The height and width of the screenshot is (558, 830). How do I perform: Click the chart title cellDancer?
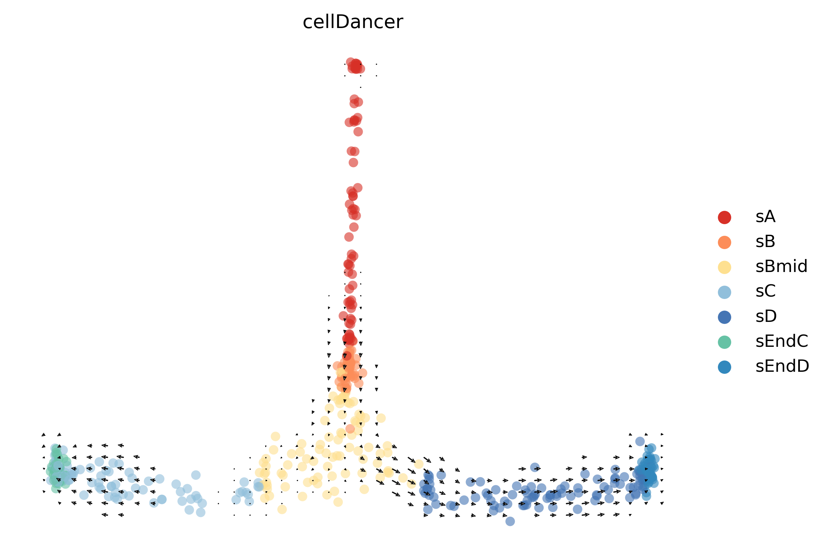point(352,22)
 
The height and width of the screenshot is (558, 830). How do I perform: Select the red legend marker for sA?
point(724,217)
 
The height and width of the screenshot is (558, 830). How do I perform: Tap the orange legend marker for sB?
point(724,242)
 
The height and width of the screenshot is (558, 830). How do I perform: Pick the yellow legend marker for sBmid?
point(724,267)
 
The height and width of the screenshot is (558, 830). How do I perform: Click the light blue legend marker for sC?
point(724,292)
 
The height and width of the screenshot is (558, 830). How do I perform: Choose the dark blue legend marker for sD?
point(724,317)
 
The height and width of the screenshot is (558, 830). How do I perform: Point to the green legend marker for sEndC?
point(724,342)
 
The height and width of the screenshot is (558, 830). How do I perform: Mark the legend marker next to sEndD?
point(724,367)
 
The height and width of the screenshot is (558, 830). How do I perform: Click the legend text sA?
point(765,217)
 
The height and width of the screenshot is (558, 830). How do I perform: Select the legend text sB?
point(765,242)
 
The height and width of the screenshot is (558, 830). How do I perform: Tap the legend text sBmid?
point(781,267)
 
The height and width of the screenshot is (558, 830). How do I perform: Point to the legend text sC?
point(765,291)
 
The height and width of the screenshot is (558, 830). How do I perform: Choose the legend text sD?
point(766,316)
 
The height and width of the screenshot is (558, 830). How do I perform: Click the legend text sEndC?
point(781,341)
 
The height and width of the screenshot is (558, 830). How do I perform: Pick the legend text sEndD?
point(782,366)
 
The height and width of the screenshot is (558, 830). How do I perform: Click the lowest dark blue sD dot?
point(510,521)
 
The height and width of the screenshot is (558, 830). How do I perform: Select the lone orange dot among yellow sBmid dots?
point(350,428)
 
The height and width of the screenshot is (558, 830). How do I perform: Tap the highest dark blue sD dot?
point(640,441)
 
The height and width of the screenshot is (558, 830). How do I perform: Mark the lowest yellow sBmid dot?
point(282,509)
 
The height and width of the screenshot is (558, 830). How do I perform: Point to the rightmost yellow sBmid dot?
point(418,464)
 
